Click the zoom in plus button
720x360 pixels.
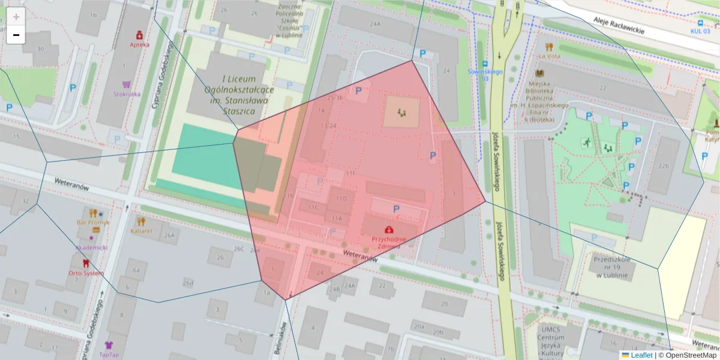coord(16,17)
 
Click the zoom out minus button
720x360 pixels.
coord(16,35)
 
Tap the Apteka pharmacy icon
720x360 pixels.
coord(139,35)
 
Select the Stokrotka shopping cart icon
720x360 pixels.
coord(127,85)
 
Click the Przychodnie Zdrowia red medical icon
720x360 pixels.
coord(389,229)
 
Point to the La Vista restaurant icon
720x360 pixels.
coord(548,46)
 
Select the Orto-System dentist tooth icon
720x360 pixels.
coord(85,263)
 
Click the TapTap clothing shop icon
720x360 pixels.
coord(109,345)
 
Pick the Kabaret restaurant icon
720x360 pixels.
coord(141,221)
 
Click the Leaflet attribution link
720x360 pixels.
coord(641,355)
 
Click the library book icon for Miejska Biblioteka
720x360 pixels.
coord(539,74)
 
